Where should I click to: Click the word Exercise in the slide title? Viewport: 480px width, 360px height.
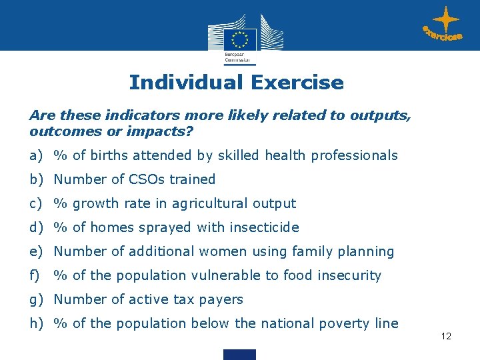coord(297,83)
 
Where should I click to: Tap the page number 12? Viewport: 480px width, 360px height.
coord(446,336)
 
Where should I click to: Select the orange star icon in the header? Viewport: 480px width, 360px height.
coord(445,21)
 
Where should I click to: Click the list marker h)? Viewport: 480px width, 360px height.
coord(37,323)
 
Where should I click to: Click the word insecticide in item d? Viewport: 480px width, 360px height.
coord(264,227)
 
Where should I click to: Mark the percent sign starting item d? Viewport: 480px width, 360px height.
coord(61,227)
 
